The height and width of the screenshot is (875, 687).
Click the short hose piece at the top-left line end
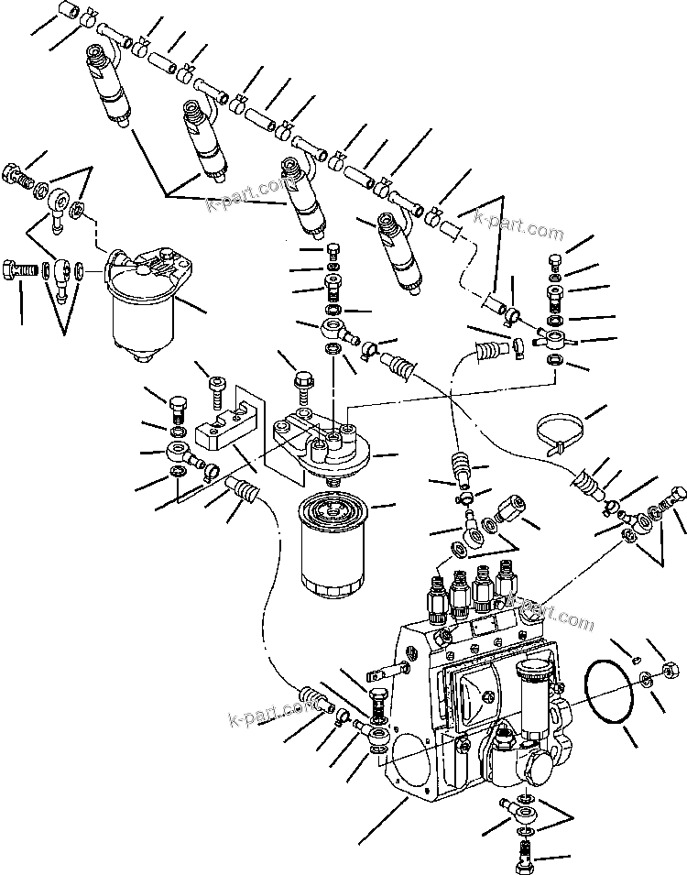[70, 12]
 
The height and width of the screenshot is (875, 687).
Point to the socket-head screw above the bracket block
[216, 389]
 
